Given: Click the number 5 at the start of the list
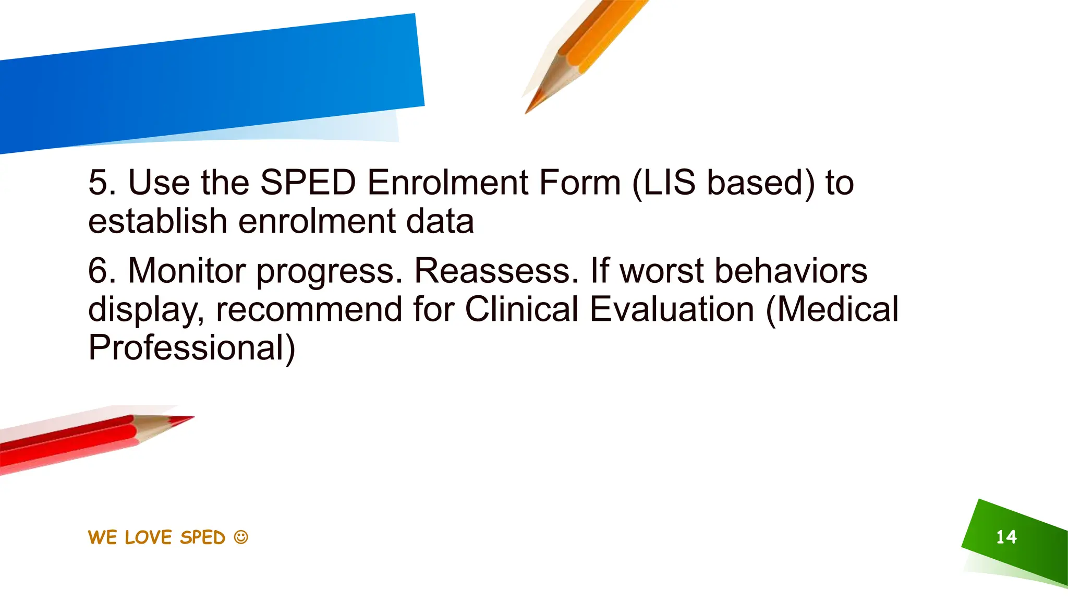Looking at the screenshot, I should click(x=99, y=183).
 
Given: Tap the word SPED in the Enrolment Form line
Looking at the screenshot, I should click(x=308, y=183).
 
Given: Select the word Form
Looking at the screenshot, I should click(x=579, y=183).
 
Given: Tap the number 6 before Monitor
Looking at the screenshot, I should click(x=99, y=271).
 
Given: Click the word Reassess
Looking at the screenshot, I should click(x=496, y=271).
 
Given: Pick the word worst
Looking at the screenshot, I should click(x=662, y=271).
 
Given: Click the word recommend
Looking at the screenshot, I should click(x=309, y=309).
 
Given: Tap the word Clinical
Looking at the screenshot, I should click(x=521, y=309).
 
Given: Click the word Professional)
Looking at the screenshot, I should click(x=191, y=348).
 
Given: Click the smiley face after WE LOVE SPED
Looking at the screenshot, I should click(x=241, y=537).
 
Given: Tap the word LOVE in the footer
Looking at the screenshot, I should click(x=148, y=537).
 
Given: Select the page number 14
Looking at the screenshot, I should click(x=1006, y=537).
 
